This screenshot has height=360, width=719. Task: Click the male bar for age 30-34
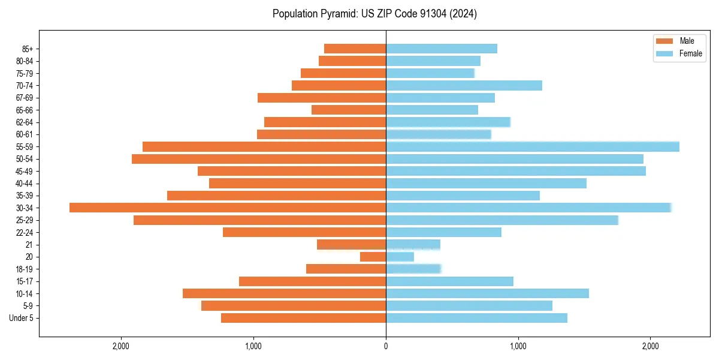point(228,208)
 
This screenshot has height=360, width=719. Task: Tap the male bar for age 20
point(373,257)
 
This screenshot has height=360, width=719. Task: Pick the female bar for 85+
point(441,49)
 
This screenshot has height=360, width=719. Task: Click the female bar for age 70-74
point(464,85)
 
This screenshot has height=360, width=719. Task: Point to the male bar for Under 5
point(303,318)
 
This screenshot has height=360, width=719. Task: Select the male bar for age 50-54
point(259,159)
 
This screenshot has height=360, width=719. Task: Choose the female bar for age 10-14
point(487,293)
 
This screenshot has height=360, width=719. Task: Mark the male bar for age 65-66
point(349,110)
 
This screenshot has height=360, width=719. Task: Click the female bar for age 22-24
point(443,232)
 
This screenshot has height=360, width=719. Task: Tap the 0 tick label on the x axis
point(386,346)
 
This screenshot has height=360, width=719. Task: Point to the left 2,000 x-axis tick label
point(121,346)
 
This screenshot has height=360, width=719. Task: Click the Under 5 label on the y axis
point(21,318)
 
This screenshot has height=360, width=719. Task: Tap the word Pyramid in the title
point(336,14)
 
